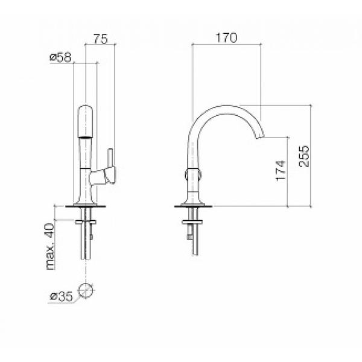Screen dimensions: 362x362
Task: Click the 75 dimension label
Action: click(101, 39)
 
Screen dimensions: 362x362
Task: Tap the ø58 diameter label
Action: click(61, 57)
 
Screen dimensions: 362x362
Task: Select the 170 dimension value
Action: click(226, 38)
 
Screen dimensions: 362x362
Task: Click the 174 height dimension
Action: click(281, 171)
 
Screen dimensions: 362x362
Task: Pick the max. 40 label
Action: click(51, 247)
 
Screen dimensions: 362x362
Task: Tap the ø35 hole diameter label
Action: click(62, 296)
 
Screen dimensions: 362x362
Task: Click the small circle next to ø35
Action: click(86, 290)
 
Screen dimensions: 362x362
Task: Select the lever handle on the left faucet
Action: click(110, 166)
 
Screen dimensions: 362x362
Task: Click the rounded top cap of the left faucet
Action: click(86, 121)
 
